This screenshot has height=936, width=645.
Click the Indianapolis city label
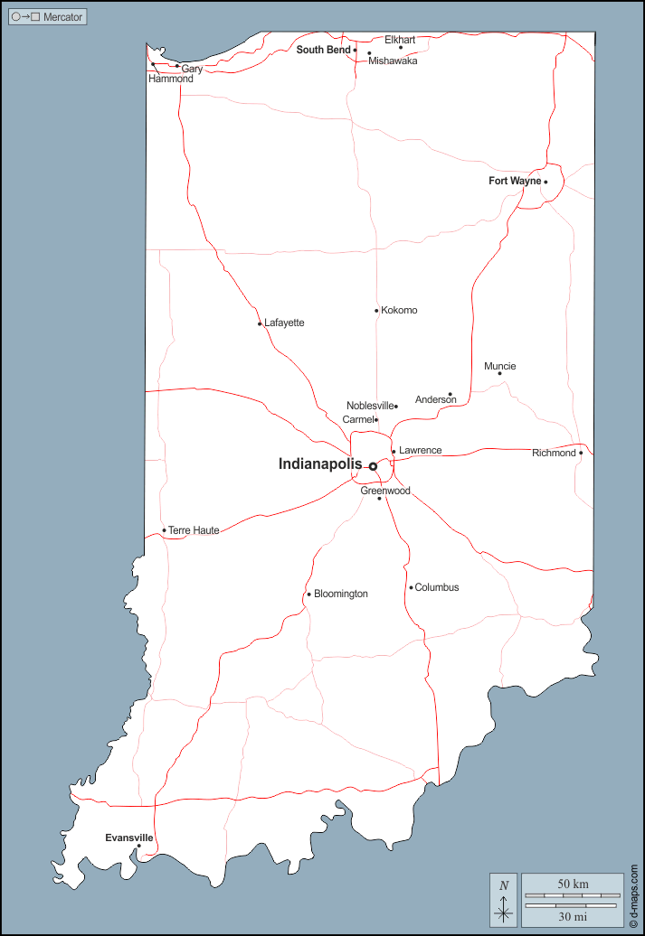(320, 464)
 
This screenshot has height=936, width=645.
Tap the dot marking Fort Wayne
(545, 182)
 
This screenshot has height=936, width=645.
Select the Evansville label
(128, 838)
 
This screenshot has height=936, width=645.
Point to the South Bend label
(323, 50)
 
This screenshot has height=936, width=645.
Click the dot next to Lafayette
(260, 323)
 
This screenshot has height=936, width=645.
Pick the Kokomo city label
(399, 310)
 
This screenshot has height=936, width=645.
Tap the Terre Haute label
(194, 530)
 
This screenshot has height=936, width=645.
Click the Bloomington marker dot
(308, 594)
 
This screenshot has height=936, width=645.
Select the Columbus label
(437, 587)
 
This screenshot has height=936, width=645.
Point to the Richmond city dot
(581, 453)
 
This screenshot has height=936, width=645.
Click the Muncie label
(499, 366)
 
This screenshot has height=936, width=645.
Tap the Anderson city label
(435, 399)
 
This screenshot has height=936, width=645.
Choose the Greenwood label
(385, 491)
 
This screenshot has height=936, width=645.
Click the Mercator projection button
(48, 17)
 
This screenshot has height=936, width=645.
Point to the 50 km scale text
(574, 883)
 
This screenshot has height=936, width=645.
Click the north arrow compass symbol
(504, 900)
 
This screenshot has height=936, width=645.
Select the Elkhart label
(400, 40)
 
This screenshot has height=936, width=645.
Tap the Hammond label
(171, 79)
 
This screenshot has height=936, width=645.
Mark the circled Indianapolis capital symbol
(372, 466)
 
